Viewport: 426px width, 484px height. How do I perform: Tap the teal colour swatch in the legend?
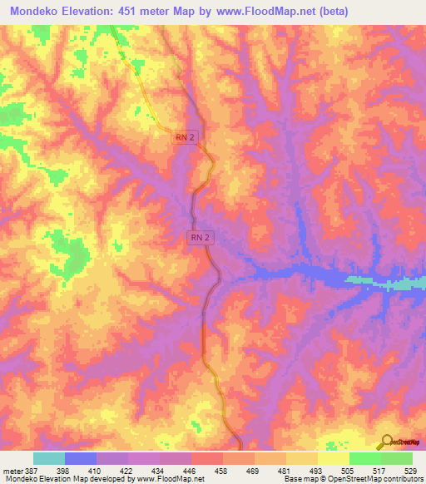click(x=49, y=458)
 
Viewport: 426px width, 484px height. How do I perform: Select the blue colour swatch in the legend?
click(x=81, y=458)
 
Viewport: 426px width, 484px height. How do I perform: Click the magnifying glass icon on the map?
click(x=384, y=442)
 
